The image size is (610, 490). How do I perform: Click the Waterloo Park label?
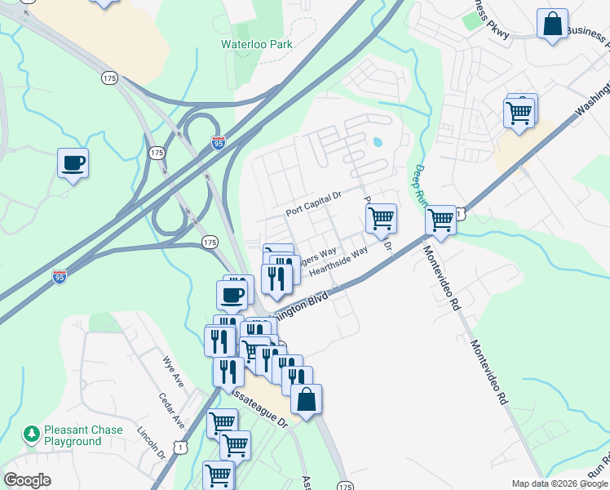click(x=256, y=45)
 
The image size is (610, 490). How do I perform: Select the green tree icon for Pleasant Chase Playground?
click(x=32, y=432)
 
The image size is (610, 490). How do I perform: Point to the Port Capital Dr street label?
click(x=313, y=204)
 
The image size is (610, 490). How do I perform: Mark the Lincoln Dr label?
click(x=152, y=442)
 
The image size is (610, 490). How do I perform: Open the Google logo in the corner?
click(x=27, y=480)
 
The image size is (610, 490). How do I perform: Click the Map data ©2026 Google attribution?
click(x=559, y=483)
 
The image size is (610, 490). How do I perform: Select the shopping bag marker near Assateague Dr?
click(x=306, y=399)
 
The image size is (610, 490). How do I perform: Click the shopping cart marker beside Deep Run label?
click(x=440, y=220)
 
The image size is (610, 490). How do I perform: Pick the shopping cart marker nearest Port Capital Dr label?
click(x=380, y=219)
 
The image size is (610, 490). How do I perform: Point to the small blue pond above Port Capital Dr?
click(x=377, y=142)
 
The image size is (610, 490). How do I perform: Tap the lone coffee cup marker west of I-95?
click(x=73, y=163)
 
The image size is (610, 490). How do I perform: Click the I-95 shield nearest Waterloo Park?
click(x=218, y=143)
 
